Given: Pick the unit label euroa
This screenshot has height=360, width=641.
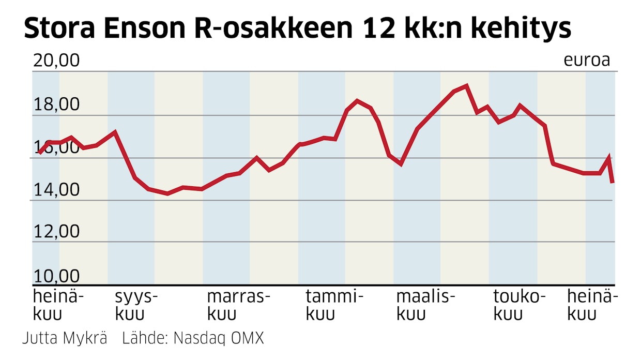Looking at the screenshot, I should pyautogui.click(x=587, y=61).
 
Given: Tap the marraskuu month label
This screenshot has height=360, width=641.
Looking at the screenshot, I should pyautogui.click(x=238, y=305).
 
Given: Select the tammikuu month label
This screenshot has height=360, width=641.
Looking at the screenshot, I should pyautogui.click(x=334, y=305).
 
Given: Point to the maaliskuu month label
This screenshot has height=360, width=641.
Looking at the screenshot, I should pyautogui.click(x=425, y=305).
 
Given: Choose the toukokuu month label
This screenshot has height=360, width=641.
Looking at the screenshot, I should pyautogui.click(x=519, y=305).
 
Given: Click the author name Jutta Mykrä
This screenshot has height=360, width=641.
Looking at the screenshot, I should pyautogui.click(x=65, y=338).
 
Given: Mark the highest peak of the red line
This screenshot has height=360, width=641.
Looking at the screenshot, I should pyautogui.click(x=467, y=86).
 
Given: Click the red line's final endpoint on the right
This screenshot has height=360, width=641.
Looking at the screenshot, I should pyautogui.click(x=612, y=182).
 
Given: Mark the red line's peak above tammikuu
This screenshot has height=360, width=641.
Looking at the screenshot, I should pyautogui.click(x=357, y=100).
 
